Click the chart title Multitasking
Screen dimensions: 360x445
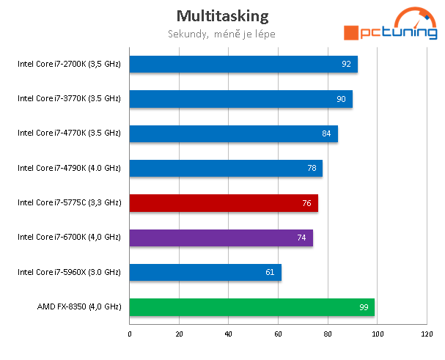pos(222,15)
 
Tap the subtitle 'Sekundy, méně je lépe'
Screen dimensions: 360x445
pos(221,33)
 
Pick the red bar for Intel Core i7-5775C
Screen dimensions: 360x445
pos(224,203)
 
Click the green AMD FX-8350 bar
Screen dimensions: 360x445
pos(252,307)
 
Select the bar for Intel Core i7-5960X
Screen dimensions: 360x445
pos(205,273)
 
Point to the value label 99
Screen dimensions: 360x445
pos(364,307)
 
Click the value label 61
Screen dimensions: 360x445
pos(270,273)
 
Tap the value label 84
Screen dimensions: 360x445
pos(326,133)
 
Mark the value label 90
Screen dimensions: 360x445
pos(341,99)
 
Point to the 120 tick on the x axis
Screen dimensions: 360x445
pos(427,334)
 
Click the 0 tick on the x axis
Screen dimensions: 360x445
pos(130,334)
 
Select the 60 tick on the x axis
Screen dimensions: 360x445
pos(279,334)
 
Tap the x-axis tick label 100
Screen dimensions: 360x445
pos(378,334)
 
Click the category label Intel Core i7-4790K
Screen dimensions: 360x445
pos(69,168)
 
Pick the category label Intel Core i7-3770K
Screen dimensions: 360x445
pos(69,98)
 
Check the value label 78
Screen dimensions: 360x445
pos(312,169)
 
